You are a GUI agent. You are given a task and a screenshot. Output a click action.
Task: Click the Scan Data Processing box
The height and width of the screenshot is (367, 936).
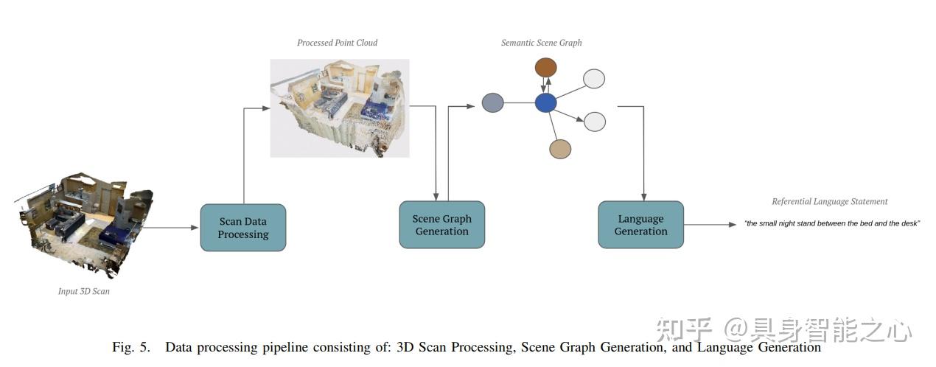coord(242,228)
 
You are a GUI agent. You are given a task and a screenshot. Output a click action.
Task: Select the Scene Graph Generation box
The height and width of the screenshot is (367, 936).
coord(441,225)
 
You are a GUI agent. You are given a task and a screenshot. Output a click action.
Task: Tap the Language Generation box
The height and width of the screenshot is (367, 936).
coord(640,225)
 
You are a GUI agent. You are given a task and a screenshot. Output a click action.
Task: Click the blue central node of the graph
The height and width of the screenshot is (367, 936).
coord(545,103)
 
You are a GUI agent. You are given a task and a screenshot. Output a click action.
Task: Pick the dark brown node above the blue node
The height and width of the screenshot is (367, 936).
coord(545,69)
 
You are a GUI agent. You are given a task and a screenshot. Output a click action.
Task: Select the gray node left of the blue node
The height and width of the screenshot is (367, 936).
coord(492,102)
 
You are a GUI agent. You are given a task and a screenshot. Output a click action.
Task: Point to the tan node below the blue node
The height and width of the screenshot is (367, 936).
coord(560,149)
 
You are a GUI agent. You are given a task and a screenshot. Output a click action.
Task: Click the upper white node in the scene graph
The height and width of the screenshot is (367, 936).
coord(594,79)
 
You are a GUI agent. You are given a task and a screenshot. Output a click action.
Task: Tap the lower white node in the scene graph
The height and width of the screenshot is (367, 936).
coord(594,122)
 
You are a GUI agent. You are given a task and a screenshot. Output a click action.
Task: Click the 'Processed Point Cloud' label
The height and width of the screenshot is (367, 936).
coord(337,43)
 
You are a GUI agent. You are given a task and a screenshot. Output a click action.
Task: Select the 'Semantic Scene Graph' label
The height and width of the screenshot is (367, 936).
coord(541,43)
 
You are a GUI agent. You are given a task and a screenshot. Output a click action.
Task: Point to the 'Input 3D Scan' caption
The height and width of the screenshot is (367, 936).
coord(84,291)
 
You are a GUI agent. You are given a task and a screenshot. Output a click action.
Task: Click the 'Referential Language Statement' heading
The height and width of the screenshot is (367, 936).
coord(829,201)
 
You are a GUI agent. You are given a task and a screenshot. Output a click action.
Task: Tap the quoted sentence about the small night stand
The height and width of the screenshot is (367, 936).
coord(832,223)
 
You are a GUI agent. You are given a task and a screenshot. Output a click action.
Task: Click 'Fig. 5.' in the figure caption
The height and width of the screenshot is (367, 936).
coord(131,347)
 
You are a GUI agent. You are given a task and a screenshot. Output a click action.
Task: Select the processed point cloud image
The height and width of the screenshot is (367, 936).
coord(339,107)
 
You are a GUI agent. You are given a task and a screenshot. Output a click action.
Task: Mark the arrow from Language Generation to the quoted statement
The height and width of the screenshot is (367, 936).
coord(710,225)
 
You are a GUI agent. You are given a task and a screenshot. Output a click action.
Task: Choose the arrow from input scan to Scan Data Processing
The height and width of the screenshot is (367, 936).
coord(171,228)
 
